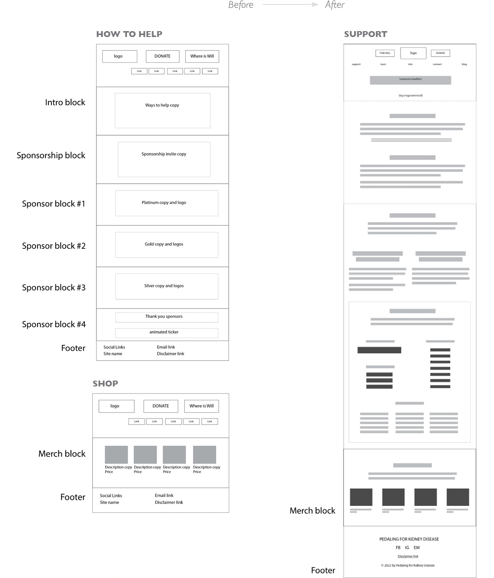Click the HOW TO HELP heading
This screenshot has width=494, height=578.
(x=129, y=34)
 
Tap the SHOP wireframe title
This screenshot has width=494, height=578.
(x=105, y=384)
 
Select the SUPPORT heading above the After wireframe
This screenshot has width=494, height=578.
(x=366, y=34)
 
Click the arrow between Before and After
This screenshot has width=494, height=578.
(x=290, y=5)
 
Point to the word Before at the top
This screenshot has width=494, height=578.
(x=241, y=5)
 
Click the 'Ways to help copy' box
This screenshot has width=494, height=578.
(x=163, y=111)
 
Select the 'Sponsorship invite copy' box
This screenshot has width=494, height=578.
(x=164, y=159)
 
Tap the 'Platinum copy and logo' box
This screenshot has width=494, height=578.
(x=166, y=203)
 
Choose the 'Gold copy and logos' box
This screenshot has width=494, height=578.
(x=166, y=244)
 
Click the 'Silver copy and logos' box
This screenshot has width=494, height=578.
(x=166, y=286)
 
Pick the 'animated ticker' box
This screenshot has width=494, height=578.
(x=166, y=333)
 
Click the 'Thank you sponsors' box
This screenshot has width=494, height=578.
(x=166, y=317)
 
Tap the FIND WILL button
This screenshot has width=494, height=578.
(x=385, y=53)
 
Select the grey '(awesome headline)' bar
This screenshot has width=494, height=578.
(x=410, y=80)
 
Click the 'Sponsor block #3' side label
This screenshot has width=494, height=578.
(x=54, y=287)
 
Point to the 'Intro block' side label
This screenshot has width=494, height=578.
(x=65, y=103)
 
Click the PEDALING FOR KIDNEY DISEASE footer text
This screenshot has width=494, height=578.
(x=409, y=539)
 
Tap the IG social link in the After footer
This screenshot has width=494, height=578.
(x=407, y=547)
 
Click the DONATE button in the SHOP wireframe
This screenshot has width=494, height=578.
(x=161, y=406)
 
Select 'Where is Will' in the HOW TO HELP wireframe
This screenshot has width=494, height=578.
(x=202, y=56)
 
